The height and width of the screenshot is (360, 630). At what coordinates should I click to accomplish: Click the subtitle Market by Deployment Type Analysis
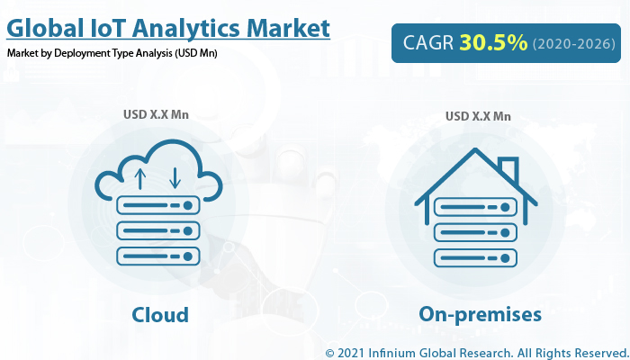(x=112, y=53)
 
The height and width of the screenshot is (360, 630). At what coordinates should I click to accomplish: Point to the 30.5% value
(x=493, y=42)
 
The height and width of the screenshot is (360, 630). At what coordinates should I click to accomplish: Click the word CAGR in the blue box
(x=428, y=42)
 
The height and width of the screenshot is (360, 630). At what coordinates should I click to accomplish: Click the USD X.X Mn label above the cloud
(x=156, y=114)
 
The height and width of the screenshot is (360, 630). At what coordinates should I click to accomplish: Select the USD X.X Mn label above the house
(x=478, y=116)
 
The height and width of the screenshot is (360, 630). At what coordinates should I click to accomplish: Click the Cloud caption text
(x=159, y=314)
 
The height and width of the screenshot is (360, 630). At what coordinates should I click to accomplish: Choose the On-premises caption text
(x=480, y=314)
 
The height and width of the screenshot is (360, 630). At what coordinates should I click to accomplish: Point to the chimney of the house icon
(x=508, y=168)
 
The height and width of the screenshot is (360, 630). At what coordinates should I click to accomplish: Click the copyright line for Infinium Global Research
(x=474, y=351)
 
